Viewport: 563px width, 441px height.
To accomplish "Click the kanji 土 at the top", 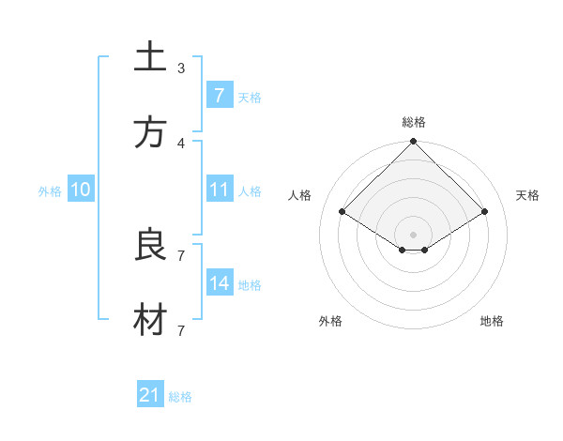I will pyautogui.click(x=150, y=57).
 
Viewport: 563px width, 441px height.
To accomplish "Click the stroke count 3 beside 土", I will pyautogui.click(x=181, y=68).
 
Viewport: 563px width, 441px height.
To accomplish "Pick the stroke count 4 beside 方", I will pyautogui.click(x=181, y=143).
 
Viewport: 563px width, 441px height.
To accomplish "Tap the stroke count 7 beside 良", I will pyautogui.click(x=181, y=255).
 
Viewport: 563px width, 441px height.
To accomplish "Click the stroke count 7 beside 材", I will pyautogui.click(x=181, y=330).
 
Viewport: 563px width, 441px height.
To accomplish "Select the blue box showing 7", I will pyautogui.click(x=219, y=96).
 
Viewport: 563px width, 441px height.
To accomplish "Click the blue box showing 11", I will pyautogui.click(x=219, y=190).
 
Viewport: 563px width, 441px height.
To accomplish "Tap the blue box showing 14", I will pyautogui.click(x=219, y=283).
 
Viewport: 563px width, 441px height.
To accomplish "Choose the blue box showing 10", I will pyautogui.click(x=80, y=190).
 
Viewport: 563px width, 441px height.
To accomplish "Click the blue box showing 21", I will pyautogui.click(x=150, y=395).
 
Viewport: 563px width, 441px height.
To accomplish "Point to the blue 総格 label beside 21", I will pyautogui.click(x=180, y=397).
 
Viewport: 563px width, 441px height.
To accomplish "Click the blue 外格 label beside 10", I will pyautogui.click(x=50, y=191).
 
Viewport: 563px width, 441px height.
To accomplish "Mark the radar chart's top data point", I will pyautogui.click(x=413, y=143).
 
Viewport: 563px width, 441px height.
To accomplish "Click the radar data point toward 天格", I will pyautogui.click(x=485, y=212).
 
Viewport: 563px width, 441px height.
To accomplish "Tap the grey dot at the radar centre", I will pyautogui.click(x=413, y=234).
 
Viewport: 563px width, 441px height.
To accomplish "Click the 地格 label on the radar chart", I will pyautogui.click(x=492, y=321).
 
